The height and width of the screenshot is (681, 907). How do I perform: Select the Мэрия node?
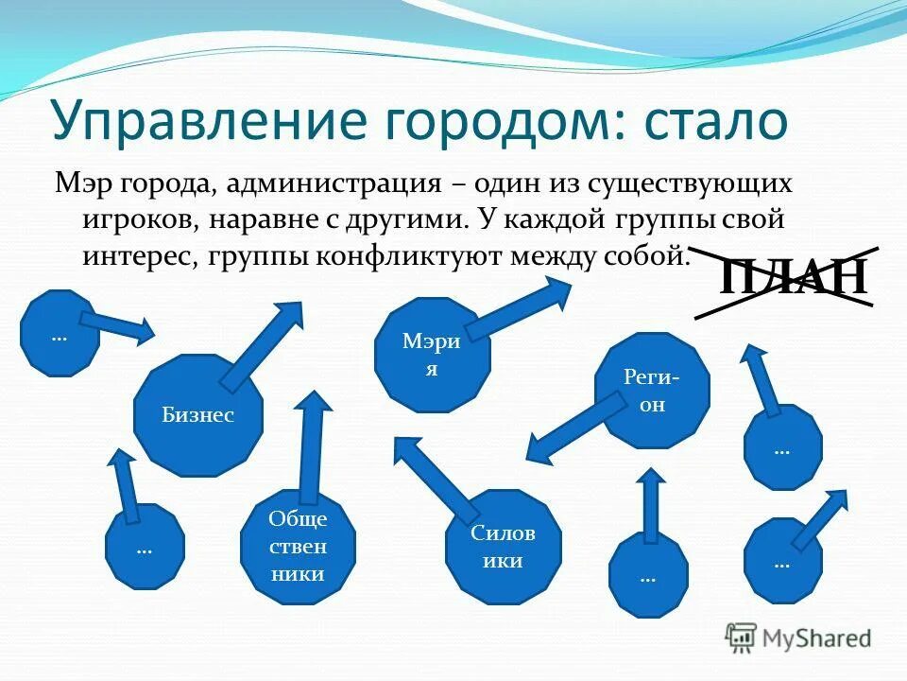click(x=432, y=355)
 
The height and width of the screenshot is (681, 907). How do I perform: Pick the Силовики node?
click(x=503, y=547)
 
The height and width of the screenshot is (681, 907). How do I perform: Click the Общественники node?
click(x=298, y=546)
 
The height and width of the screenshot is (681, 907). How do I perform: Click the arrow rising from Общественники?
click(x=311, y=445)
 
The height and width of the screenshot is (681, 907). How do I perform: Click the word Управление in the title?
click(x=204, y=121)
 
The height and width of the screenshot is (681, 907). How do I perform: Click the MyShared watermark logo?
click(x=798, y=637)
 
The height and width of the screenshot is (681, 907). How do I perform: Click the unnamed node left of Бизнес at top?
click(x=60, y=334)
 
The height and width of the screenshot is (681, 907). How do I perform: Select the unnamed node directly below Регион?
click(x=647, y=575)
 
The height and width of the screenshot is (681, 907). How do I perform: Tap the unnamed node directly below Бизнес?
click(x=144, y=547)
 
